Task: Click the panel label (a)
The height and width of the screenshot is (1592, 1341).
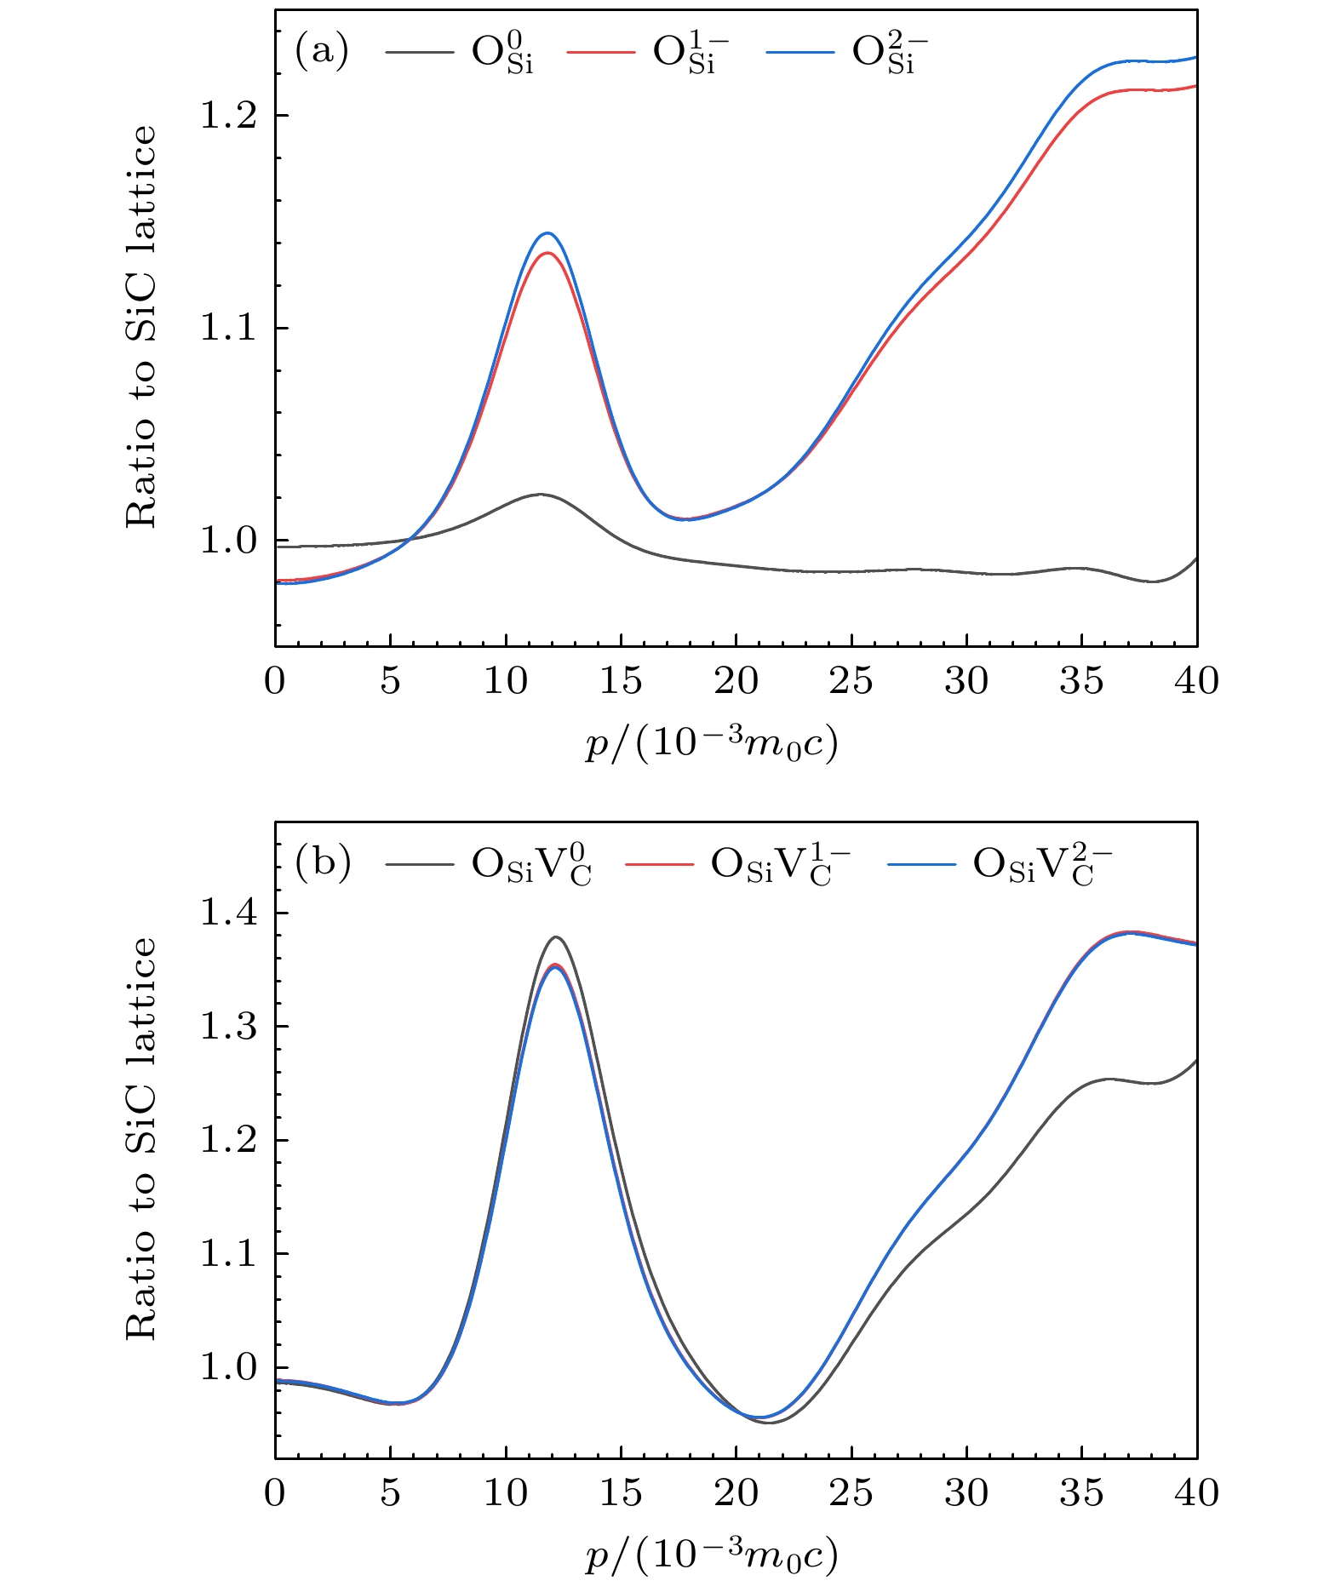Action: pos(321,52)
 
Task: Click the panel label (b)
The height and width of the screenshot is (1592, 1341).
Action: pos(322,863)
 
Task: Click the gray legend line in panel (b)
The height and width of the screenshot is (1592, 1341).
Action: pos(419,864)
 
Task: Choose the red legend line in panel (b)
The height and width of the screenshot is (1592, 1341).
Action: pos(659,864)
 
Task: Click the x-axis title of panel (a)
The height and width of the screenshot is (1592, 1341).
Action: pos(712,744)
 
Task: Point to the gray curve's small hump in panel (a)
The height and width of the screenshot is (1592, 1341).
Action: pos(539,494)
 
